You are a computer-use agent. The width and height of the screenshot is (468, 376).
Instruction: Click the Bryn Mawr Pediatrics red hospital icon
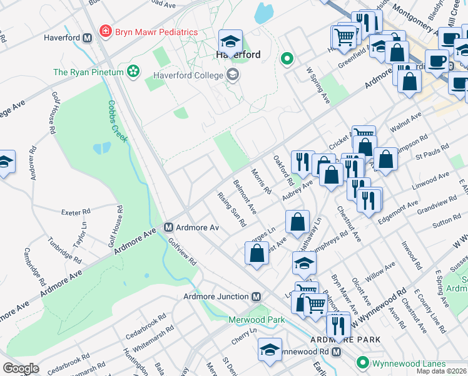pyautogui.click(x=106, y=31)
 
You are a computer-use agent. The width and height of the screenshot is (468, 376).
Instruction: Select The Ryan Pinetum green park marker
pyautogui.click(x=133, y=72)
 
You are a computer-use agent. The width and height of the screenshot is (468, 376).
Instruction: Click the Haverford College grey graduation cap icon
pyautogui.click(x=233, y=76)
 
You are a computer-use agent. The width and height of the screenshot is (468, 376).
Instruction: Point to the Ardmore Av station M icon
pyautogui.click(x=168, y=227)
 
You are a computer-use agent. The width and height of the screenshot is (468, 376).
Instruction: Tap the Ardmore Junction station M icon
pyautogui.click(x=256, y=296)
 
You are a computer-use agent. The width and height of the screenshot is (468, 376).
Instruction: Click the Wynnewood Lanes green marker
pyautogui.click(x=362, y=363)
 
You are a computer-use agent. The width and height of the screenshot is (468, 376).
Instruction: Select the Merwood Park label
pyautogui.click(x=257, y=320)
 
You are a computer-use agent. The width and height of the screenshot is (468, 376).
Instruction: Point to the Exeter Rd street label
pyautogui.click(x=76, y=212)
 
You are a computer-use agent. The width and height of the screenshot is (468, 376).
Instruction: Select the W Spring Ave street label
pyautogui.click(x=317, y=85)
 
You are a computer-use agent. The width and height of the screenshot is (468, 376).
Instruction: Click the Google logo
pyautogui.click(x=21, y=368)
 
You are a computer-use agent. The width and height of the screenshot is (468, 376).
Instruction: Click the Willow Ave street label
pyautogui.click(x=380, y=271)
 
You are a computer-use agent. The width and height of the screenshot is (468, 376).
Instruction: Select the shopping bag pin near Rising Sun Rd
pyautogui.click(x=257, y=254)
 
